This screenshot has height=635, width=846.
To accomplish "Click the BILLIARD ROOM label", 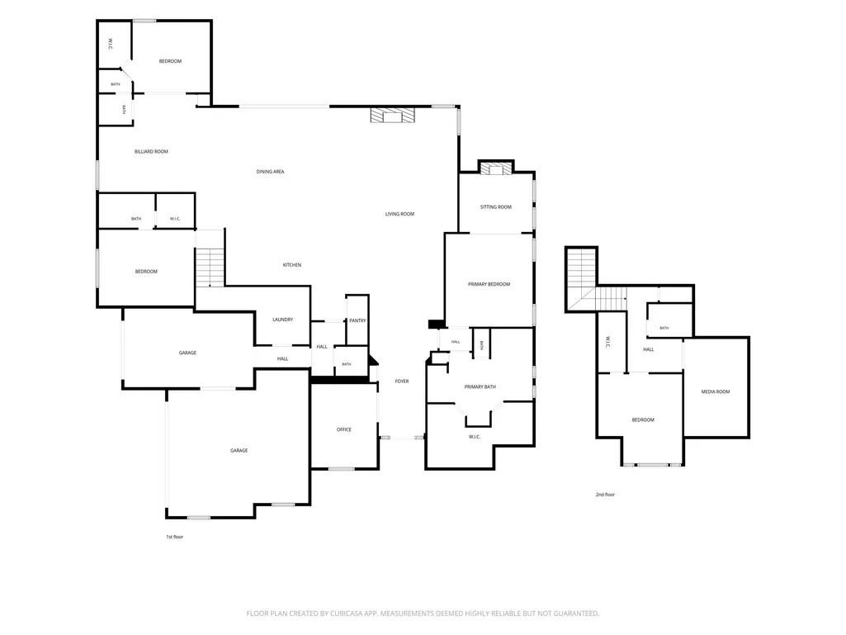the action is click(151, 152).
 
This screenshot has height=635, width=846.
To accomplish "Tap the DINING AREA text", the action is click(270, 172).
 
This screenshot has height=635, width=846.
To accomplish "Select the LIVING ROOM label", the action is click(399, 214).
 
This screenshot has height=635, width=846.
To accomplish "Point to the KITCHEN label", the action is click(292, 265).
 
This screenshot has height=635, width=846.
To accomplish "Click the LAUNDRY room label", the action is click(282, 320).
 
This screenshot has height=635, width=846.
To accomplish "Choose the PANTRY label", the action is click(357, 320).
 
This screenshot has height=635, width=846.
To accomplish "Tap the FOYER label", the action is click(401, 381).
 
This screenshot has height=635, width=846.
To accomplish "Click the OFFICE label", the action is click(343, 430).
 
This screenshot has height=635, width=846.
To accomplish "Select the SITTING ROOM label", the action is click(496, 206).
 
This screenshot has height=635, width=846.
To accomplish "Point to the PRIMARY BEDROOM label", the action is click(489, 284).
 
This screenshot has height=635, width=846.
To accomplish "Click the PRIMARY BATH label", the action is click(480, 386).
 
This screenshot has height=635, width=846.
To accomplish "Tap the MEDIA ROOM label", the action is click(716, 391).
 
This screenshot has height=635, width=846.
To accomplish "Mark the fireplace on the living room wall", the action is click(393, 115).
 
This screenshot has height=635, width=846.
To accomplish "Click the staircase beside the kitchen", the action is click(210, 268).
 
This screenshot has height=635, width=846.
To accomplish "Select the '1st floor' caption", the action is click(174, 537).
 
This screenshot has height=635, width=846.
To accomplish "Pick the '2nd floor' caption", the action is click(605, 495).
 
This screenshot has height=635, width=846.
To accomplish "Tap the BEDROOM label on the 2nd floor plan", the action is click(643, 419).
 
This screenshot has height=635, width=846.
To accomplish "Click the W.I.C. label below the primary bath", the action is click(475, 437).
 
